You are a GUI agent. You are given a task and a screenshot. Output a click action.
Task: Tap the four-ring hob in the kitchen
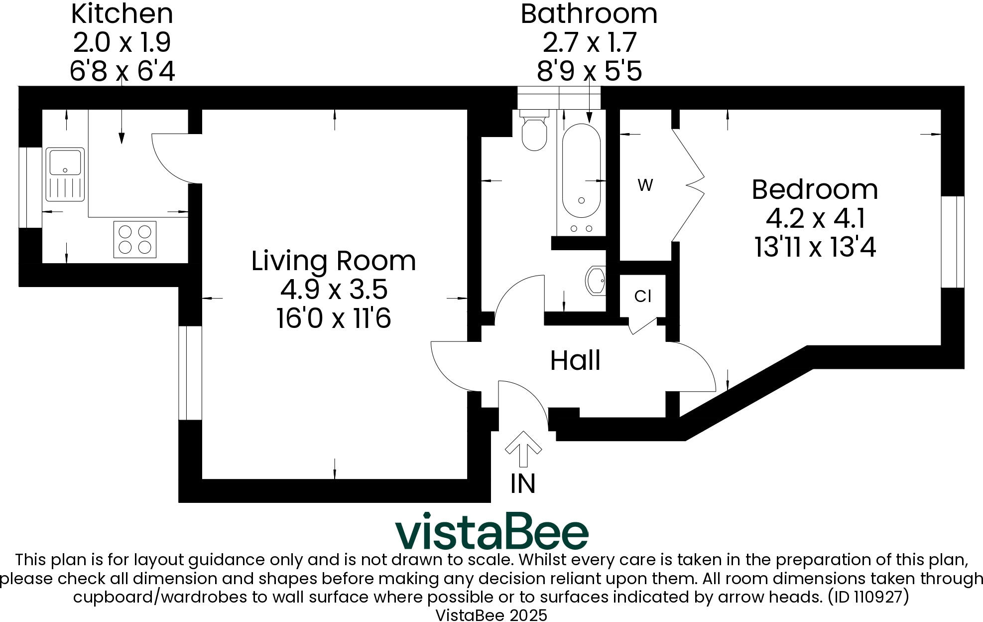tap(135, 240)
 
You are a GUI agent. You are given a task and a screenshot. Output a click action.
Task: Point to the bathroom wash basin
tap(596, 281)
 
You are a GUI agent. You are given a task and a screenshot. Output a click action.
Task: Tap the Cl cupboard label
tap(642, 297)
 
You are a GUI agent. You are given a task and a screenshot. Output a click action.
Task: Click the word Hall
tap(575, 360)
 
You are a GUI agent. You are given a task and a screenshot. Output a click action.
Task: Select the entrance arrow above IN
tap(523, 449)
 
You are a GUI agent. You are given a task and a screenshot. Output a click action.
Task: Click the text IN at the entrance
tap(523, 483)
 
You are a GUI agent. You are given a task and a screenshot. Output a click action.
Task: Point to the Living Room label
tap(333, 261)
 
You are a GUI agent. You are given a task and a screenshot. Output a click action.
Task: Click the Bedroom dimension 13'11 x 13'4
tap(815, 247)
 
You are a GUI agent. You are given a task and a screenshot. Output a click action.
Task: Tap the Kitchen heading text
tap(122, 14)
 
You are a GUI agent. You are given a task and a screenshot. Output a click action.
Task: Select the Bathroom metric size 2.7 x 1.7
tap(589, 43)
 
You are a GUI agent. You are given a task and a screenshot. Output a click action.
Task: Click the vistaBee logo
tap(491, 531)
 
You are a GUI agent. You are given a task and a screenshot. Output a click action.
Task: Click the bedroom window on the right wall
tap(953, 242)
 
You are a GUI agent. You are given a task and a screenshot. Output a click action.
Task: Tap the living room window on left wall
tap(190, 373)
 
